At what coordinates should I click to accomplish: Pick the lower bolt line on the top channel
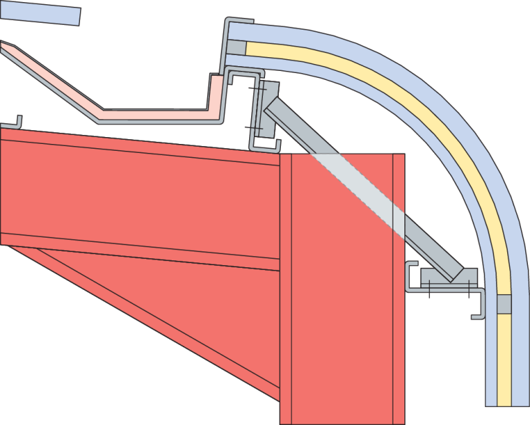pos(254,129)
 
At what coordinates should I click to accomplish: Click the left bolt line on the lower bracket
pos(429,288)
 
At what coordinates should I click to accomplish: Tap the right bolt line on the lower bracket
pos(468,287)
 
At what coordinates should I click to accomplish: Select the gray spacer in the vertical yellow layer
pos(504,304)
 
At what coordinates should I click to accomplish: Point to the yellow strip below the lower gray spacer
pos(504,358)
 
